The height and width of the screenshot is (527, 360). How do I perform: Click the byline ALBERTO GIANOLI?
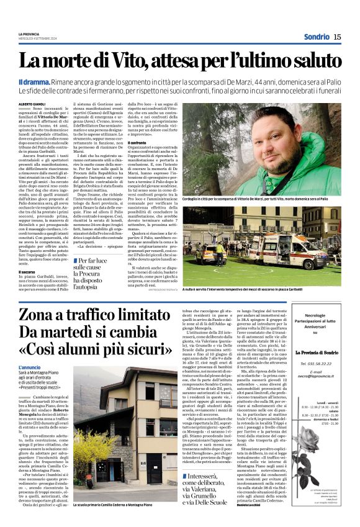tap(35, 103)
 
